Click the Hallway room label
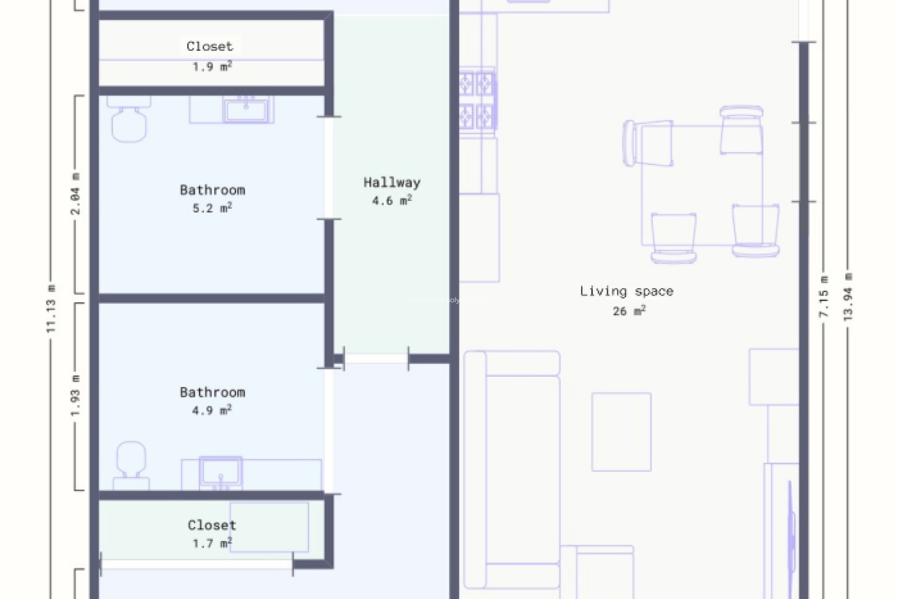(x=392, y=183)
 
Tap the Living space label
(x=626, y=291)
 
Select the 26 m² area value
(x=629, y=311)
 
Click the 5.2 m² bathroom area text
(x=212, y=208)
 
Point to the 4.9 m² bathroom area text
(x=212, y=410)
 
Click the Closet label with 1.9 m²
(x=210, y=46)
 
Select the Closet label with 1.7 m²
(x=212, y=525)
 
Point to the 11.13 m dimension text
(x=51, y=309)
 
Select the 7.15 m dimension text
(x=824, y=297)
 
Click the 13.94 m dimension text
(x=848, y=297)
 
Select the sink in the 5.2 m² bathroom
(x=246, y=110)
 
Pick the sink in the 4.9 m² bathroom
(x=221, y=473)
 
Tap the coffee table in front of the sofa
(x=621, y=431)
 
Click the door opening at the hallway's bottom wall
(x=376, y=359)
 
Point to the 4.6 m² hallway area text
(x=392, y=201)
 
